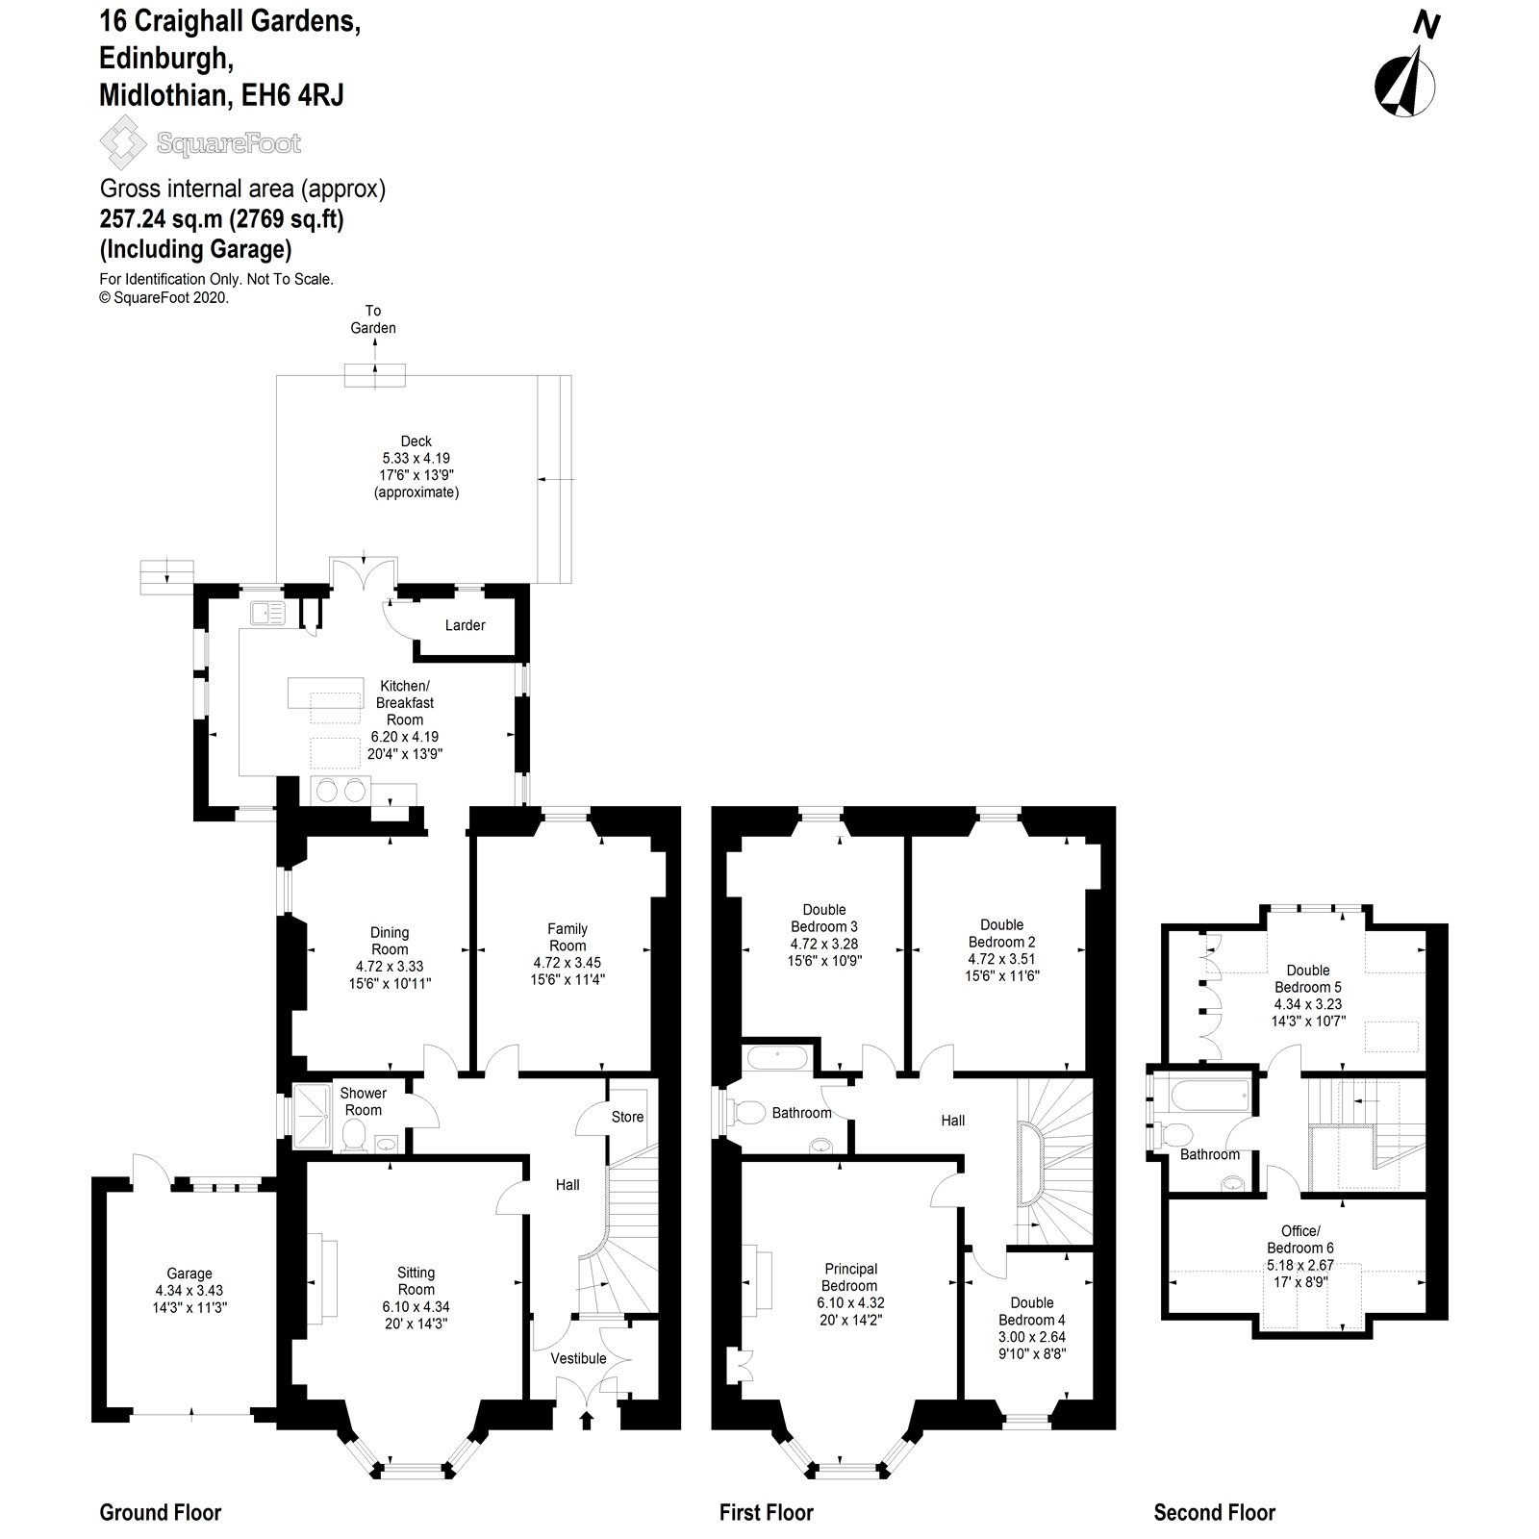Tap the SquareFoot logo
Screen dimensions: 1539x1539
(201, 143)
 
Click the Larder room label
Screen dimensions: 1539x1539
(465, 625)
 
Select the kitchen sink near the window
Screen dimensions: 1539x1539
(265, 612)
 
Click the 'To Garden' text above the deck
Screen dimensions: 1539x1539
(373, 319)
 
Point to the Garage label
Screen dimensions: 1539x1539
(189, 1274)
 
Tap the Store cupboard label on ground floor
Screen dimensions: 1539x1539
(627, 1117)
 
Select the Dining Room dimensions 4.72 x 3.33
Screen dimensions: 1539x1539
(390, 967)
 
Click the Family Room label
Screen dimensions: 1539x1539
(568, 937)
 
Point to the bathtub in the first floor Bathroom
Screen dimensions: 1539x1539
(780, 1059)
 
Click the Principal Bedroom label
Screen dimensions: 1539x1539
(849, 1277)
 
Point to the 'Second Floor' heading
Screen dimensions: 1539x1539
(1214, 1513)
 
